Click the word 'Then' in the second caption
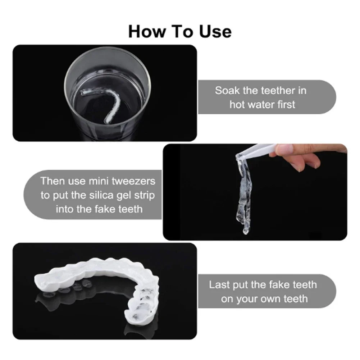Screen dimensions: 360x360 tap(52, 181)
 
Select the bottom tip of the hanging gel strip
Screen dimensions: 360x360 tap(246, 232)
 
